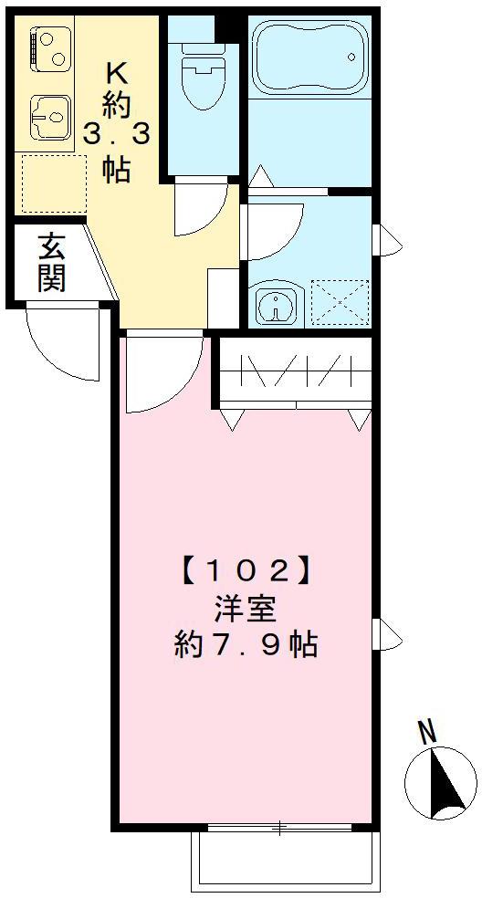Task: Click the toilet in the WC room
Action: click(x=203, y=80)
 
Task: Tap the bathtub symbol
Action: click(x=309, y=57)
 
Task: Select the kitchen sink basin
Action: click(x=51, y=118)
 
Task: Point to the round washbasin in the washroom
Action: click(x=273, y=304)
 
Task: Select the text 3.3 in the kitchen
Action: click(x=116, y=134)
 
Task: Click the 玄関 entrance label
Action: click(x=51, y=262)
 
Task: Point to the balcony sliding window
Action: click(x=279, y=828)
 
